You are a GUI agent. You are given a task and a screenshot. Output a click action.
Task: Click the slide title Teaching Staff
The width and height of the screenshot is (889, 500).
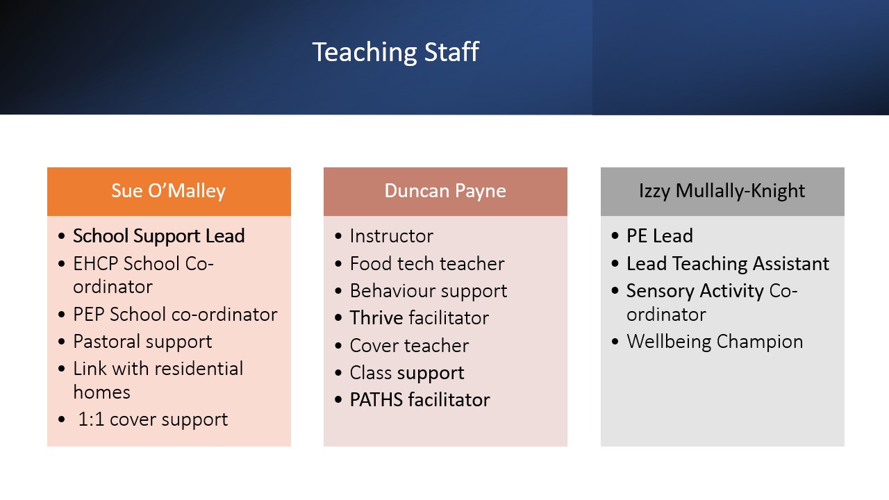coord(396,52)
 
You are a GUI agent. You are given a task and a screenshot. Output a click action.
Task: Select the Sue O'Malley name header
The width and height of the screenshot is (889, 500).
coord(169,191)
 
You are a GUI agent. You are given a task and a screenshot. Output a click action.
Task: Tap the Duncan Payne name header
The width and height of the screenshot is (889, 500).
coord(445,191)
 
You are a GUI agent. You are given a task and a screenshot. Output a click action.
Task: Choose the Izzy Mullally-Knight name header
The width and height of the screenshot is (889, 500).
coord(722,191)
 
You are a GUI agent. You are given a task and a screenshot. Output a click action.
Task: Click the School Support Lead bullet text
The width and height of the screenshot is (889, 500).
coord(159,236)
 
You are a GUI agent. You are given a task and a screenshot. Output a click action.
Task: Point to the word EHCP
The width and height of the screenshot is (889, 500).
coord(96,264)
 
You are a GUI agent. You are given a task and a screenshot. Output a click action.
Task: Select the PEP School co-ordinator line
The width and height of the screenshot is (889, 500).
coord(175,315)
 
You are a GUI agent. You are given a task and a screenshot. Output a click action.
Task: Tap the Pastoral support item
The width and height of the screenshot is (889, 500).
coord(142,342)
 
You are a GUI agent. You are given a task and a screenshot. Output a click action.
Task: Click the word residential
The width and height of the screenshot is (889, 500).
coord(199,369)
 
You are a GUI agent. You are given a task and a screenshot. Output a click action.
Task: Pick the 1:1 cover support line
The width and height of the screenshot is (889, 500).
coord(153,420)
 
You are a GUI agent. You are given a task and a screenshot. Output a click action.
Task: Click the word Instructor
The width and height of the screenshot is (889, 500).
coord(391,236)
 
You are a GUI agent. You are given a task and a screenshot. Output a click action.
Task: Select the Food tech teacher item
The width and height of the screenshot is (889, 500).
coord(427,264)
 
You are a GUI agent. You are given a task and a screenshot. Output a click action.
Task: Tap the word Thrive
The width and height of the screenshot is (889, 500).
coord(376,318)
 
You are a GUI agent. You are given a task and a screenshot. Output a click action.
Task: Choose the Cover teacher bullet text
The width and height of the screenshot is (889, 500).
coord(409,346)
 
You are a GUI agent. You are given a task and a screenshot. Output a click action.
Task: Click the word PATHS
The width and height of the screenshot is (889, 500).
coord(376,400)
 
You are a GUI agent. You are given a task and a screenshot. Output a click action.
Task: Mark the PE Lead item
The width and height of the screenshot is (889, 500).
coord(660,236)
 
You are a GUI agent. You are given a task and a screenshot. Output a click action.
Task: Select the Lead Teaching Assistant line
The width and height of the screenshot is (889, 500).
coord(728,264)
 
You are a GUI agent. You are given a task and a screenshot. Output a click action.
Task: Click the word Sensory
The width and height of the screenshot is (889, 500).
coord(660,291)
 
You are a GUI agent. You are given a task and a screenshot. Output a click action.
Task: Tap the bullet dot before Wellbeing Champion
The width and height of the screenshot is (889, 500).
coord(615,342)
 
